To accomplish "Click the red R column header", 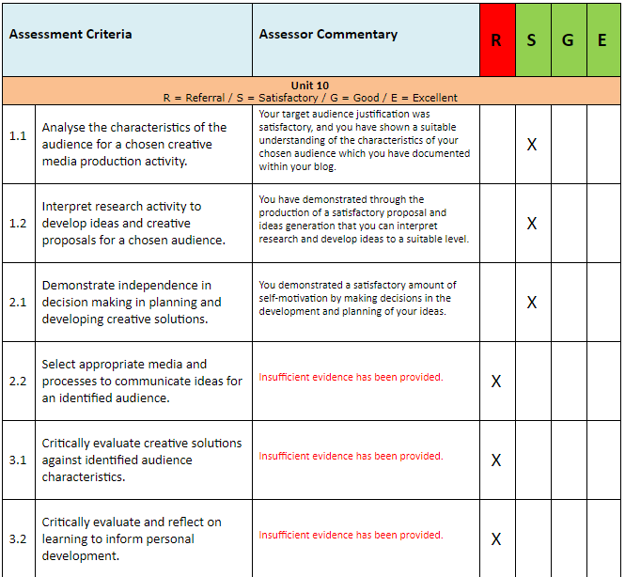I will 496,40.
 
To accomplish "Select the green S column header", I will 532,40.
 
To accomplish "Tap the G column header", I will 568,40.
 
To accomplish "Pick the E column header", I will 602,40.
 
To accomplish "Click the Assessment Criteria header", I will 70,35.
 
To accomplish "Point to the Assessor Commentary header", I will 328,35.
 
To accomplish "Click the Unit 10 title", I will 310,86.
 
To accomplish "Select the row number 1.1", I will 18,136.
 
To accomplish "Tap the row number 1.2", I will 18,224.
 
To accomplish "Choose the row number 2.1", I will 18,303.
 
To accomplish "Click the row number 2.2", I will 18,382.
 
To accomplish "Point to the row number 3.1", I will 18,460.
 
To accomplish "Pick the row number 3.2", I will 18,539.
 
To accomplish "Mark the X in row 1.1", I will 532,145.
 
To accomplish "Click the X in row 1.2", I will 532,224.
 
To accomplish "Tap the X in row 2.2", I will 496,382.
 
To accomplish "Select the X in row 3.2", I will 496,539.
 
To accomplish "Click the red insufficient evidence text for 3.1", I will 351,456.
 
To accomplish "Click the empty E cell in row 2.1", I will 603,303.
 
